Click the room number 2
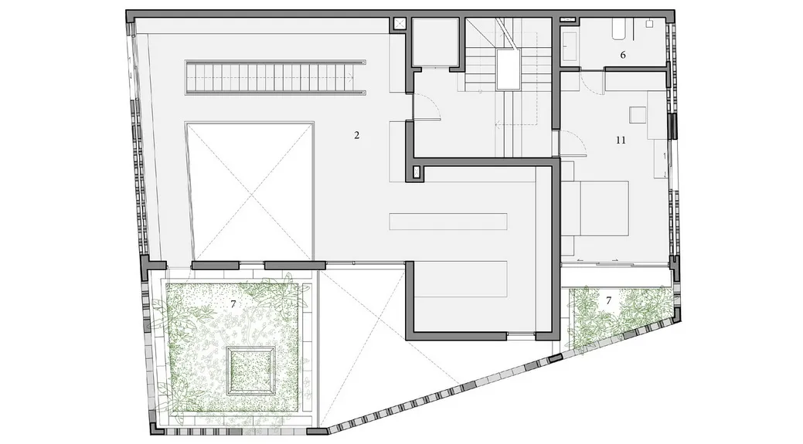356,136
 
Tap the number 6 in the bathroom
623,55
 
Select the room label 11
621,140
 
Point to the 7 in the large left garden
233,303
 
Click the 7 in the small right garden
608,300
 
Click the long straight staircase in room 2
275,77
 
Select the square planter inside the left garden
251,371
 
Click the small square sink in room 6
650,23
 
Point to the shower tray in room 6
569,46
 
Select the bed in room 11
598,208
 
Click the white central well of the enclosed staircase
508,69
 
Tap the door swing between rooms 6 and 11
592,82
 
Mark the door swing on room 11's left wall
573,141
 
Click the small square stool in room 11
638,114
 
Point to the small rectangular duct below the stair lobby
416,172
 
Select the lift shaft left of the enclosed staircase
435,42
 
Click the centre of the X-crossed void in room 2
250,191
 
